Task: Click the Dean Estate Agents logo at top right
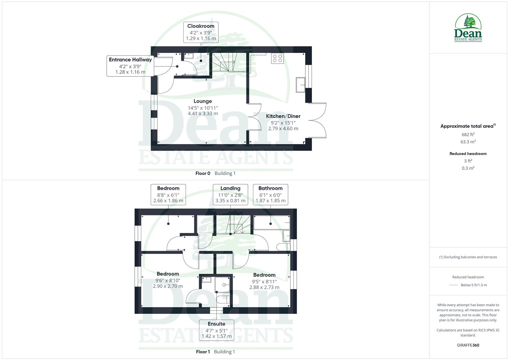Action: click(468, 28)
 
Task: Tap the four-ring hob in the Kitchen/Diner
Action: click(277, 58)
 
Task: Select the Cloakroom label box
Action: click(201, 32)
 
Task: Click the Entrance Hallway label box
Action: click(130, 66)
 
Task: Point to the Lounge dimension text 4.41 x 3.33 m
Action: click(203, 114)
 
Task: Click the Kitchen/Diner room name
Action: click(283, 116)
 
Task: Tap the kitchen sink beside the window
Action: click(301, 84)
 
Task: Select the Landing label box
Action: click(230, 194)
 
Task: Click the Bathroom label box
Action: click(270, 194)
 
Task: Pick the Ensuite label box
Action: click(216, 330)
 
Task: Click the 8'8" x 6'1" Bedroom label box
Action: click(168, 194)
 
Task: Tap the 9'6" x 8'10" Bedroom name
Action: click(168, 274)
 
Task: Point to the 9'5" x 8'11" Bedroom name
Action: click(264, 275)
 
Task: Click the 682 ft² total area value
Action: click(468, 135)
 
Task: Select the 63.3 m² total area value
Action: click(468, 142)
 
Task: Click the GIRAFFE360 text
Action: click(468, 345)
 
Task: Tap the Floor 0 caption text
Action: click(203, 173)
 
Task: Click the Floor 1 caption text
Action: click(203, 352)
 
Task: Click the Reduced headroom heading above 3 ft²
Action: click(468, 154)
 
